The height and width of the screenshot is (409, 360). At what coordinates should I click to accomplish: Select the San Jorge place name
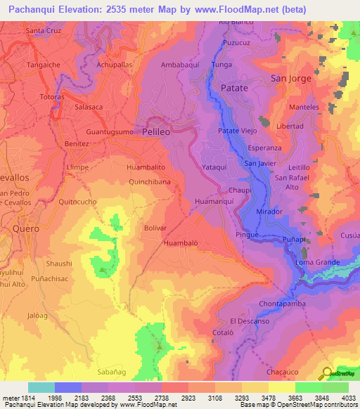(x=290, y=78)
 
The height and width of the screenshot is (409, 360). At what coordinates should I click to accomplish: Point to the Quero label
(x=27, y=228)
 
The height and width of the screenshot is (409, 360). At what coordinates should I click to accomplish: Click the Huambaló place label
(x=180, y=243)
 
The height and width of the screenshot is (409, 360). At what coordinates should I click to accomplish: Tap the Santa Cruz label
(x=44, y=31)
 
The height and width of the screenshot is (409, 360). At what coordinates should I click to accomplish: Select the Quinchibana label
(x=150, y=181)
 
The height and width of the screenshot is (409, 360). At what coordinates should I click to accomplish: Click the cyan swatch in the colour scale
(x=41, y=387)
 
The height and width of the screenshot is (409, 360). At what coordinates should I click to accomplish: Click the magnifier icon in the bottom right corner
(x=326, y=373)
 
